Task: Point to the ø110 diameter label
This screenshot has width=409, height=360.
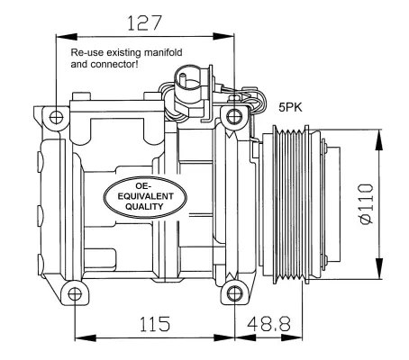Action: [365, 204]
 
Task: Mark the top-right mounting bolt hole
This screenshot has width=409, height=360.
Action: [235, 115]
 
